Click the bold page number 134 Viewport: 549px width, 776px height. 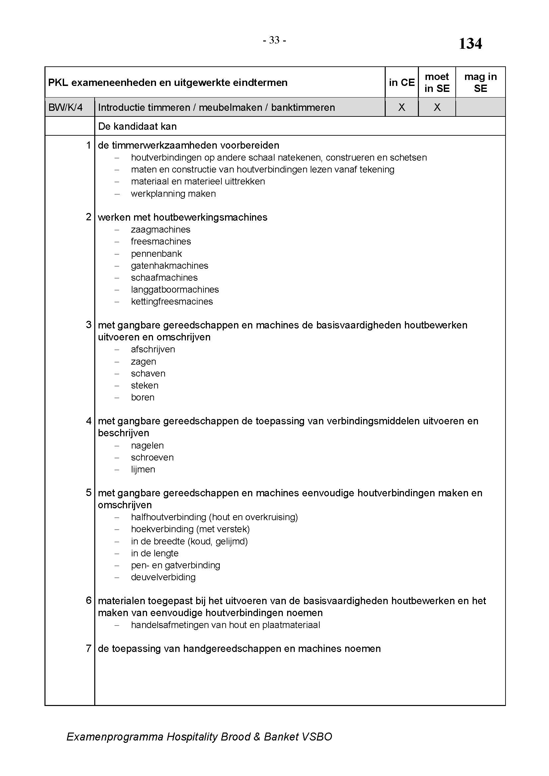[x=470, y=43]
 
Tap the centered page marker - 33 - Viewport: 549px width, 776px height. [x=274, y=40]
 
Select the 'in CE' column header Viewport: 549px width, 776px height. [x=401, y=83]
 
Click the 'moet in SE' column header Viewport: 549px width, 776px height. [x=437, y=83]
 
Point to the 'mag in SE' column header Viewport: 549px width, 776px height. [x=480, y=83]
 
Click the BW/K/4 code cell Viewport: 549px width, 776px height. [x=66, y=107]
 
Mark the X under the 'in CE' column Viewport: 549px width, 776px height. [x=401, y=107]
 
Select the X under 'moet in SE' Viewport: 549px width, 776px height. [x=437, y=107]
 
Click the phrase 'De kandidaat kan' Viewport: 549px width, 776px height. [x=137, y=126]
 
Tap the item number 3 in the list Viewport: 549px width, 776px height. [x=89, y=325]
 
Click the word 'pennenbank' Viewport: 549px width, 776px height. [x=156, y=253]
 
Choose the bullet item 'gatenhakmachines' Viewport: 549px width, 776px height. [x=169, y=266]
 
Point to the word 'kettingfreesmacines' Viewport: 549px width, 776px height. [x=172, y=302]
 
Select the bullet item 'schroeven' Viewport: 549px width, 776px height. [x=152, y=457]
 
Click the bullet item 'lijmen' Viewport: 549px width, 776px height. [x=143, y=469]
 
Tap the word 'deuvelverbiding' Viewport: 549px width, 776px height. [x=163, y=577]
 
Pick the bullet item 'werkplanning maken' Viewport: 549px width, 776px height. [x=173, y=194]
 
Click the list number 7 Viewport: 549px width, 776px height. [x=89, y=648]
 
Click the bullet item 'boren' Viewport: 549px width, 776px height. [x=143, y=397]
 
